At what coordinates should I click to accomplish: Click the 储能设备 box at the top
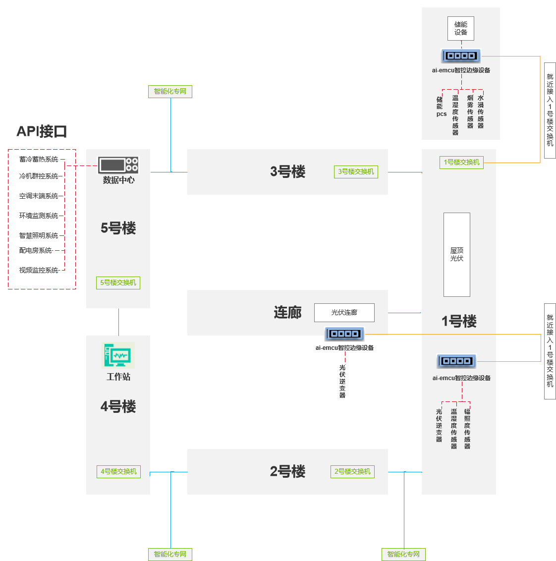coord(460,29)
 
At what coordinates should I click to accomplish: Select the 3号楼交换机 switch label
coord(356,172)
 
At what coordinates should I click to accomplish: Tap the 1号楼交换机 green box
coord(461,163)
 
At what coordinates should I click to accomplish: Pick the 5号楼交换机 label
coord(118,283)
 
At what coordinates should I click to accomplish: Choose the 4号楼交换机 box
coord(118,472)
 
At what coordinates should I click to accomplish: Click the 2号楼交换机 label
coord(352,472)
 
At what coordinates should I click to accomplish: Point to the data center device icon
coord(118,165)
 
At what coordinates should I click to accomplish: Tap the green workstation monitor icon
coord(118,355)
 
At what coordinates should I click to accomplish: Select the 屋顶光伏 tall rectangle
coord(456,255)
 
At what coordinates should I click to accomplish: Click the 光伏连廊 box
coord(344,313)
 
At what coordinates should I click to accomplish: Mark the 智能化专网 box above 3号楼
coord(170,92)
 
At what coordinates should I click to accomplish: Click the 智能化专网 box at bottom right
coord(403,555)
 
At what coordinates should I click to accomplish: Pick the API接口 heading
coord(42,132)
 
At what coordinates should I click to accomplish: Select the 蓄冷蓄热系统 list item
coord(39,160)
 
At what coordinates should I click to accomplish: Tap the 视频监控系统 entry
coord(39,271)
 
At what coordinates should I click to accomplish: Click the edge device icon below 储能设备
coord(461,56)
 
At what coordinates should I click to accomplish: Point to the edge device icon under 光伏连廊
coord(344,334)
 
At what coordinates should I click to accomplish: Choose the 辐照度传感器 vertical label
coord(467,429)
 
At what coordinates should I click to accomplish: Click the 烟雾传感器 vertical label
coord(470,112)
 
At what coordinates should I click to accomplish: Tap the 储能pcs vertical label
coord(441,107)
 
